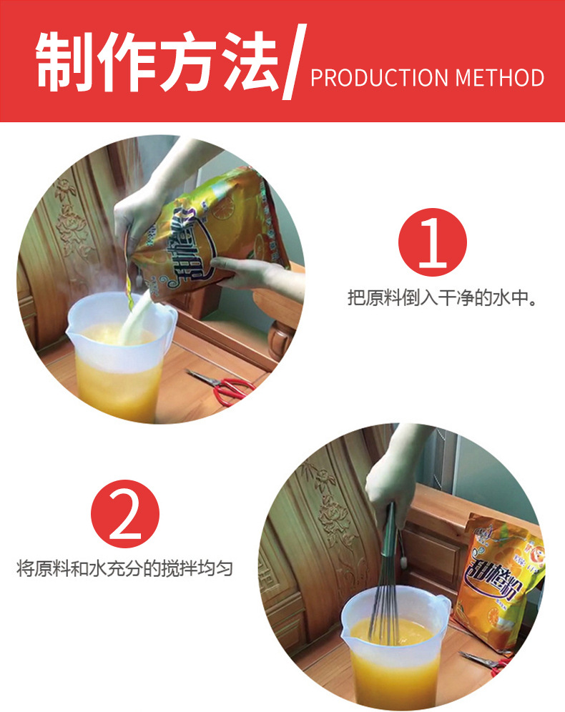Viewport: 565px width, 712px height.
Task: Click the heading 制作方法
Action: [x=157, y=61]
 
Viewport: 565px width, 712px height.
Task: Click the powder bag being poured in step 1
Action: [x=207, y=229]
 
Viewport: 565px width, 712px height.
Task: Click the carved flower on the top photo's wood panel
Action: [x=72, y=229]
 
